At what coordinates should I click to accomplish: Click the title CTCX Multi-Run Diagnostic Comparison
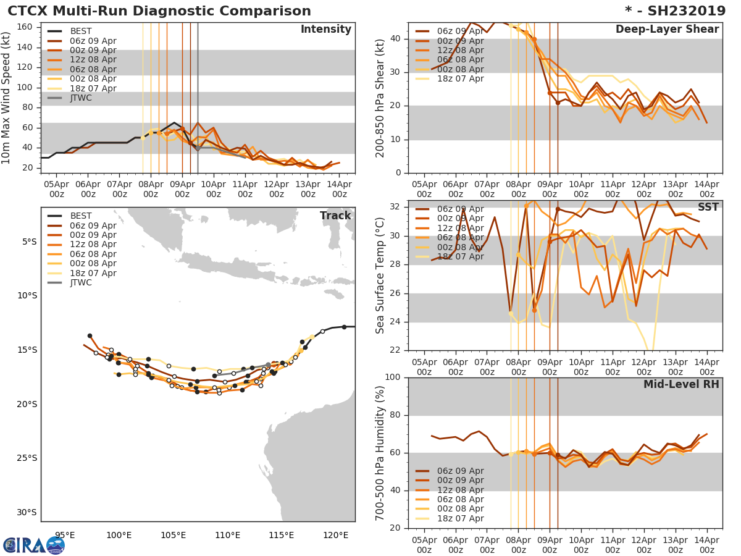point(159,11)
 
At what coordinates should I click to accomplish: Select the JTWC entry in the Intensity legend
point(80,98)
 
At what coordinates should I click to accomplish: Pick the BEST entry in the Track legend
point(80,216)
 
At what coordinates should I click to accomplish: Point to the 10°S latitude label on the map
point(27,295)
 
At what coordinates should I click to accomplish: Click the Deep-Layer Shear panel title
point(667,30)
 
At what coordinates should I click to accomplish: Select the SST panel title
point(708,208)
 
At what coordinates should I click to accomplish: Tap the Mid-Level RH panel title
point(681,384)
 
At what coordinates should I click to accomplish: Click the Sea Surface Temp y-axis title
point(380,275)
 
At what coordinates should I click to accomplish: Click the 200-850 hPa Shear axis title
point(380,98)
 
